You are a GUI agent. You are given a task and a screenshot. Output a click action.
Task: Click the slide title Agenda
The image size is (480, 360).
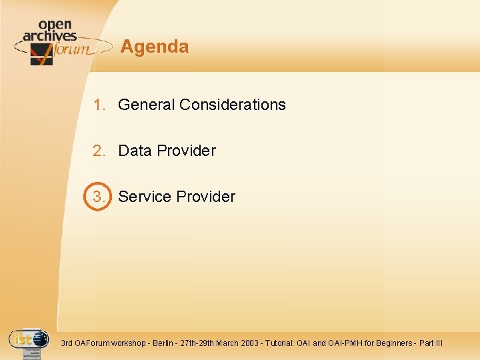coord(154,47)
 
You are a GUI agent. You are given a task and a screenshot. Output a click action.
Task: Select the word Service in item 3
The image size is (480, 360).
coord(145,197)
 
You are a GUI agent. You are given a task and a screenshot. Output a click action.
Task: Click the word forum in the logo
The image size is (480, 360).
coord(70,49)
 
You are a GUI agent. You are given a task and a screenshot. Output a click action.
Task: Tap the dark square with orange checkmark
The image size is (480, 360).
coord(41,55)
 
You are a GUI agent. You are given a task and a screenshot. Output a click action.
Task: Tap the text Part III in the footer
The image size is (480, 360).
coord(431,343)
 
